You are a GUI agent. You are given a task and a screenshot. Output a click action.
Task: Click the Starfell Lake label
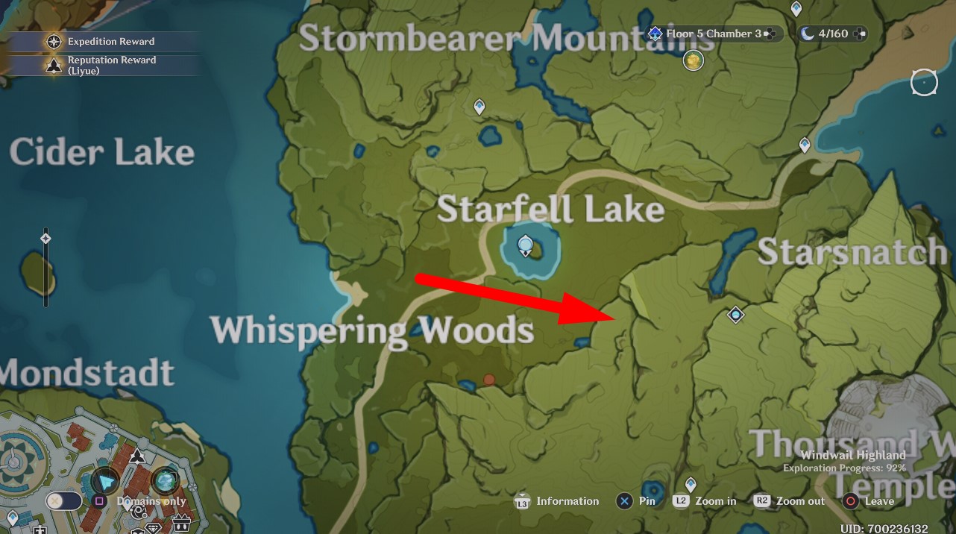coord(550,210)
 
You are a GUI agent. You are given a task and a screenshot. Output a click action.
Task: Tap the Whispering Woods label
coord(372,330)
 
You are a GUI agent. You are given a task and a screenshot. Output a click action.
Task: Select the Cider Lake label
coord(102,153)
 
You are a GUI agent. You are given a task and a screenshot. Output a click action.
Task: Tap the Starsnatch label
coord(852,252)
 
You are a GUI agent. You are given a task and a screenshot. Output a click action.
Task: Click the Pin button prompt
coord(636,501)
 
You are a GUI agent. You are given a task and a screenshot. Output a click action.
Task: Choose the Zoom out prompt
coord(789,501)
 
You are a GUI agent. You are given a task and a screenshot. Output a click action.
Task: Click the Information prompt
coord(557,501)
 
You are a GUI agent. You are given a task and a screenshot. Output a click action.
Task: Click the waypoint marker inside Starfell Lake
coord(526,245)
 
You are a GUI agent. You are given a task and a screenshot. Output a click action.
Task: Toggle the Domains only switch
coord(64,501)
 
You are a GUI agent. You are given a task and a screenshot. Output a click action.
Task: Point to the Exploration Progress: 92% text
coord(844,468)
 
